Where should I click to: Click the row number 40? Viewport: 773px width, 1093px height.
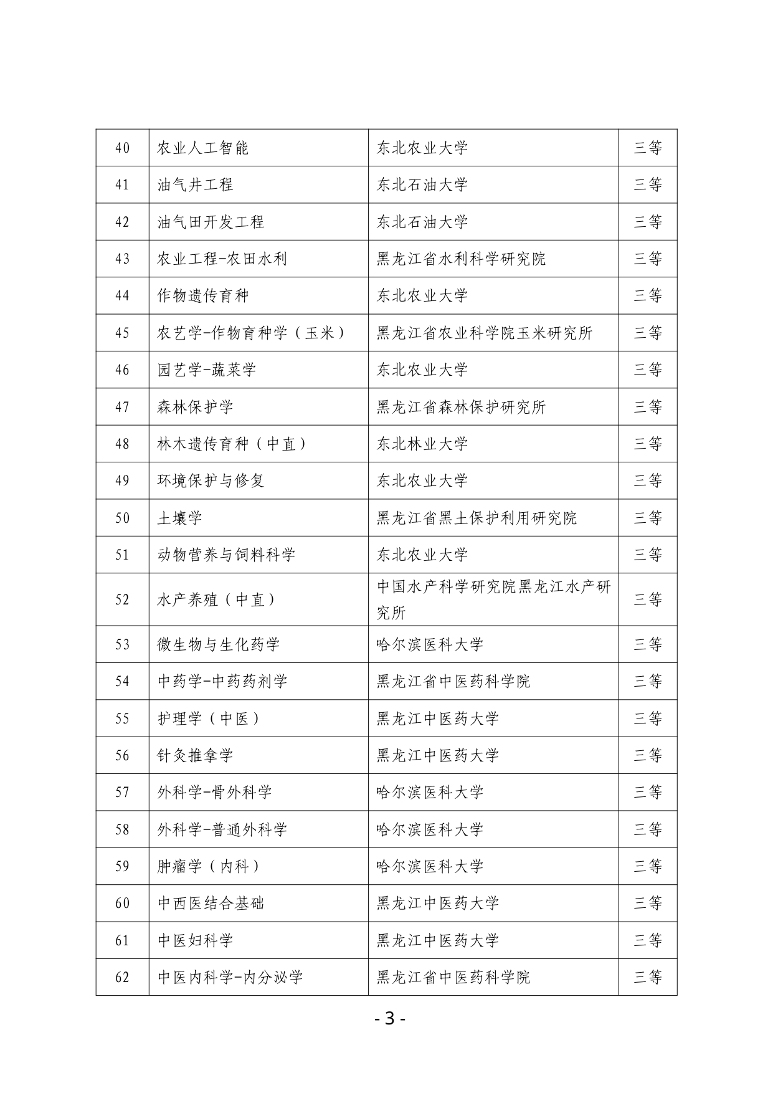point(122,148)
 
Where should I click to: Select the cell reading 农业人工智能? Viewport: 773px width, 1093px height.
point(203,148)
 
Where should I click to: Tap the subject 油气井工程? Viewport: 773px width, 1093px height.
point(196,184)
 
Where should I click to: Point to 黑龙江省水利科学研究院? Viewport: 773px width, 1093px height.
point(461,259)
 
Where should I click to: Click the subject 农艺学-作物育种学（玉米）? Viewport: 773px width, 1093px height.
point(252,333)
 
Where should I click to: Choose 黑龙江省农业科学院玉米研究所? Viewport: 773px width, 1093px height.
point(484,333)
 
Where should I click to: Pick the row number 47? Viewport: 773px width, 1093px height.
point(122,407)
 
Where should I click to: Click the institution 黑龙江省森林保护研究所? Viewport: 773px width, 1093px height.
point(461,407)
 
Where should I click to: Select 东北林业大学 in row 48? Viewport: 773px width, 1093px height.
point(422,444)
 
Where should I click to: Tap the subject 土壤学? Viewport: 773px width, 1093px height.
point(180,518)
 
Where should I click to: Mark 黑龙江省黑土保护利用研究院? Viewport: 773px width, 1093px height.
point(477,518)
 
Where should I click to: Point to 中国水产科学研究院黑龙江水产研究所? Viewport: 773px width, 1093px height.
point(493,599)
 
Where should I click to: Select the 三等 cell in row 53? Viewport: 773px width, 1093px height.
point(648,644)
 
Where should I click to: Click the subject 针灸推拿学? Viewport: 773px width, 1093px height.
point(196,755)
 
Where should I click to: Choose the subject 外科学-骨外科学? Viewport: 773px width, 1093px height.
point(215,792)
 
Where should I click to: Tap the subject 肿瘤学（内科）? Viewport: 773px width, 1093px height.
point(209,866)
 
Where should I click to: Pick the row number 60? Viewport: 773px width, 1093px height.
point(122,903)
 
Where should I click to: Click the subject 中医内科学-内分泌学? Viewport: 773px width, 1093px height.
point(230,977)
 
